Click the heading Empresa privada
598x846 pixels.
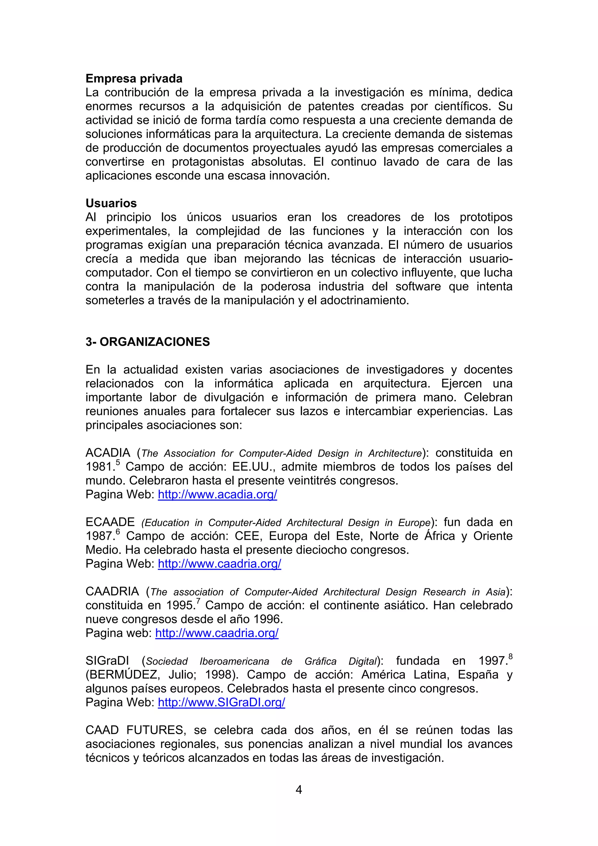pos(134,79)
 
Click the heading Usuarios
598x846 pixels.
pos(111,203)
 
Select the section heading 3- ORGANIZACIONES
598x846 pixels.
pos(147,342)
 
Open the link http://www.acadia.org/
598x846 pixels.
pos(217,494)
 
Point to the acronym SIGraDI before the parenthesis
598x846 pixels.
pos(107,661)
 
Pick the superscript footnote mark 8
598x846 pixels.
pos(510,656)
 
